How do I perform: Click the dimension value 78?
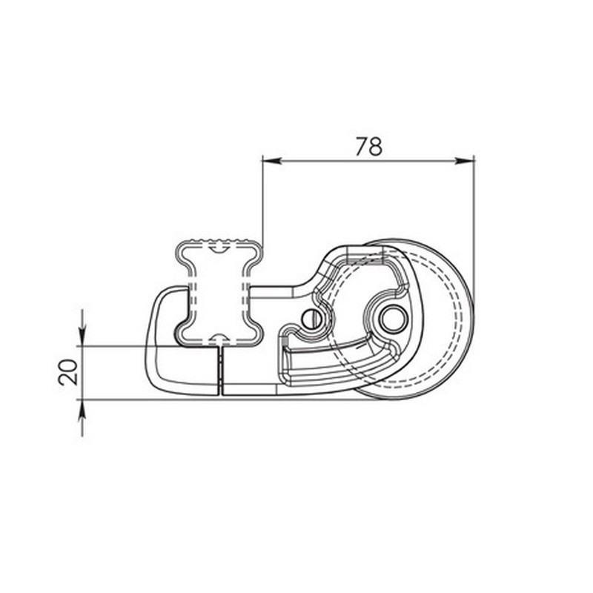[368, 147]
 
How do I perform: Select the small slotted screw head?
[310, 319]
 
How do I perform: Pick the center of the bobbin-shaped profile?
[220, 292]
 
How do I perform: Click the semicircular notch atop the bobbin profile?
[220, 247]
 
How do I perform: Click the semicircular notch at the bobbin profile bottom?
[220, 340]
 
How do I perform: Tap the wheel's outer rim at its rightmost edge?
[472, 319]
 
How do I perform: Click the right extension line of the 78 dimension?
[474, 222]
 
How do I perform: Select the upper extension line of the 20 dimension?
[126, 346]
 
